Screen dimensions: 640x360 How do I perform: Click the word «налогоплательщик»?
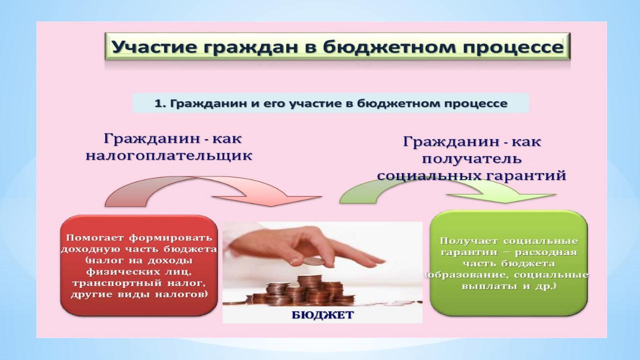click(x=169, y=156)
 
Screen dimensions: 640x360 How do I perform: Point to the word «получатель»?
click(x=471, y=158)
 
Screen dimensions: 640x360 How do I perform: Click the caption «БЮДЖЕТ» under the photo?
click(x=322, y=315)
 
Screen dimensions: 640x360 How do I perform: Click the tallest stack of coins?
click(x=309, y=289)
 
